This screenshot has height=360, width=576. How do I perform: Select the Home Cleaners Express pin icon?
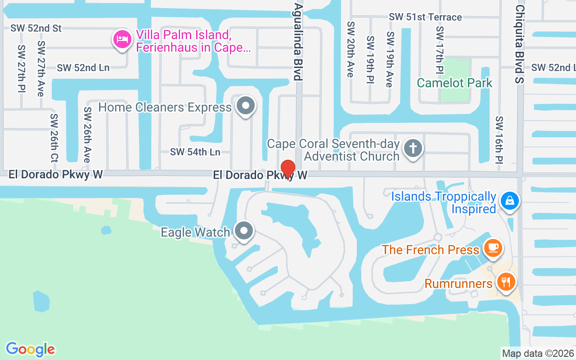(x=246, y=107)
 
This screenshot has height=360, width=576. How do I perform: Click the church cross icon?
(x=413, y=148)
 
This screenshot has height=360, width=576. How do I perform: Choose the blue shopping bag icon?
(x=509, y=201)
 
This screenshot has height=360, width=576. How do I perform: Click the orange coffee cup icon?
(x=493, y=247)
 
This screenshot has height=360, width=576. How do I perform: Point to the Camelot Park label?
(x=454, y=83)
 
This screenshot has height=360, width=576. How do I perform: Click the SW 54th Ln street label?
(x=195, y=152)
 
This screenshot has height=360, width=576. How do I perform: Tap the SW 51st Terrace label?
(x=425, y=17)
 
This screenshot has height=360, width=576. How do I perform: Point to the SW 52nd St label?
(x=36, y=28)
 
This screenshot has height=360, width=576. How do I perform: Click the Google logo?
(x=31, y=349)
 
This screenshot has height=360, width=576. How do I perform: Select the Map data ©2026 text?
(x=538, y=353)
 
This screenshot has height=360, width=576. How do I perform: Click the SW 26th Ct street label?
(x=54, y=138)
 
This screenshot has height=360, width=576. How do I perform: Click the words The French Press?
(x=431, y=250)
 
